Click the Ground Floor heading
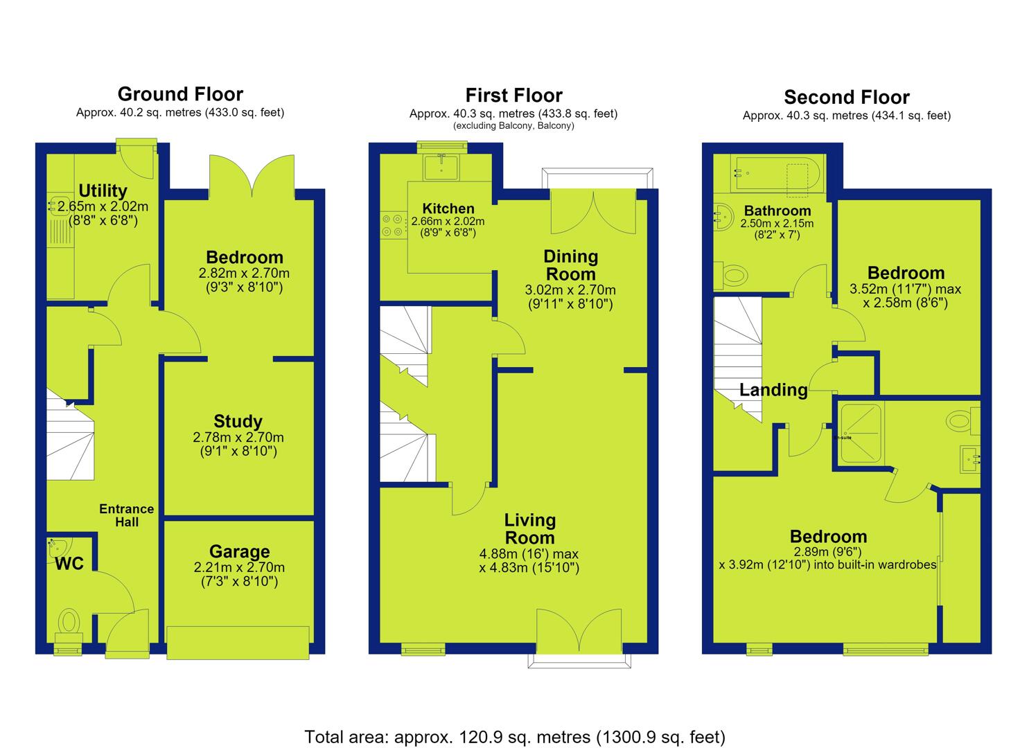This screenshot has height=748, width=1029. click(180, 94)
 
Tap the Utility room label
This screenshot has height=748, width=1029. click(103, 190)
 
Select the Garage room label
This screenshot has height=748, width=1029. click(239, 551)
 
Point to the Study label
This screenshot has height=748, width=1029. click(238, 421)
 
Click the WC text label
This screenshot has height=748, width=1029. click(69, 563)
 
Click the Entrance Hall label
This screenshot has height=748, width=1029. click(127, 515)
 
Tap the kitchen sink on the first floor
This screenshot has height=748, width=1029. click(441, 167)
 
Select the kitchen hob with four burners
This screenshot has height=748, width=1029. click(394, 226)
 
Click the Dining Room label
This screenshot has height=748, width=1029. click(571, 265)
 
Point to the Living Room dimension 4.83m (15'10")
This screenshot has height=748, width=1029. click(529, 568)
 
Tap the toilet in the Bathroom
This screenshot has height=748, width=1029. click(731, 276)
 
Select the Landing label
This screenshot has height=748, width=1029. click(773, 390)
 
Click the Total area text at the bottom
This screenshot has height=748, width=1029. click(515, 736)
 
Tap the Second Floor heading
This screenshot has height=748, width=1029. click(847, 98)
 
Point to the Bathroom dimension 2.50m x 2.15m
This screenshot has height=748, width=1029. click(777, 224)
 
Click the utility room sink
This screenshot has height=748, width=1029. click(59, 206)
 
